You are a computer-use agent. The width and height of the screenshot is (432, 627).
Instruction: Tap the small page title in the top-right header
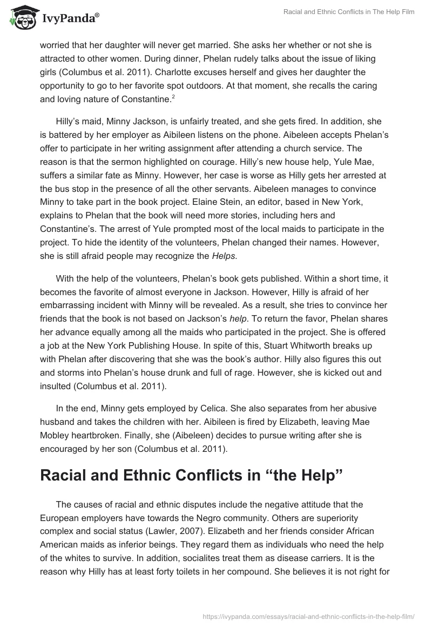350,12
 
